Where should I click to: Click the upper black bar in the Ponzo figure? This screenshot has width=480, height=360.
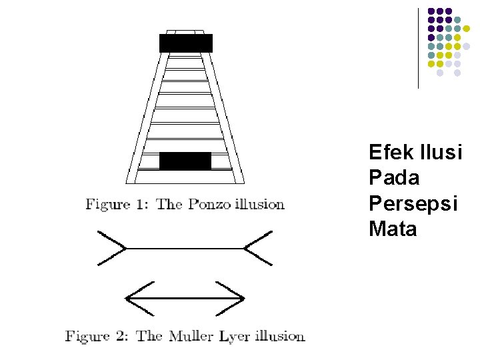[x=186, y=43]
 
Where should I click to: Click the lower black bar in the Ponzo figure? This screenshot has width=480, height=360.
[x=185, y=161]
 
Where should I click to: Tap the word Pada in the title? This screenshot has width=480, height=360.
[x=394, y=178]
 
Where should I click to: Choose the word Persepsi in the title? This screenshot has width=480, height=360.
[x=413, y=204]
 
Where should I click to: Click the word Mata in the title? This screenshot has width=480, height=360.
[x=393, y=229]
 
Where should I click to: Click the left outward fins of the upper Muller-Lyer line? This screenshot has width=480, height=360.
[x=112, y=248]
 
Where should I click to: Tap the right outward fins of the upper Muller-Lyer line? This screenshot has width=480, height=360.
[x=258, y=248]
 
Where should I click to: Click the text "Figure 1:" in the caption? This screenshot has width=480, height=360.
[x=117, y=205]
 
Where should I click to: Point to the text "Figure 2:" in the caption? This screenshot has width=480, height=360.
[x=97, y=336]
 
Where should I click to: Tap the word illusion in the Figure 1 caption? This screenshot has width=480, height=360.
[x=257, y=205]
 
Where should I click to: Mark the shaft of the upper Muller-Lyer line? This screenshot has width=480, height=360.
[x=185, y=249]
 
